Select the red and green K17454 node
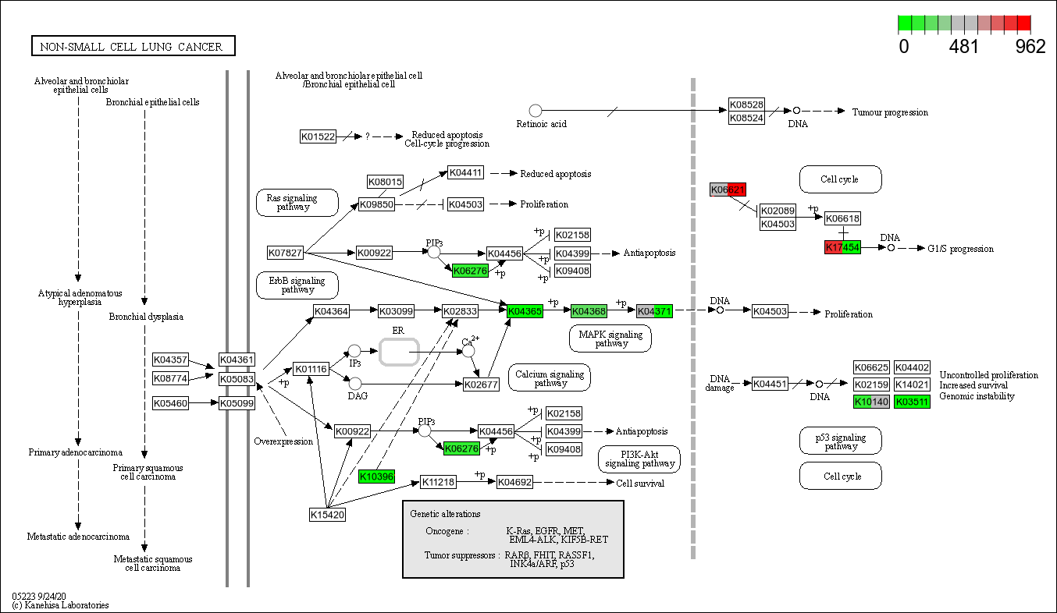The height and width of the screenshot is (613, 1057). coord(842,247)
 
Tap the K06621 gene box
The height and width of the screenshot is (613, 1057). coord(728,190)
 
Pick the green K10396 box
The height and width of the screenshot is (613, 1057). coord(376,476)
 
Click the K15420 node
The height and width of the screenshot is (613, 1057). coord(327,514)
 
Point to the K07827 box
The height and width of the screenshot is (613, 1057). coord(285,253)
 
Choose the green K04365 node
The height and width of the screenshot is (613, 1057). coord(525,311)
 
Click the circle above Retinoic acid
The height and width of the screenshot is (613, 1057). coord(535,111)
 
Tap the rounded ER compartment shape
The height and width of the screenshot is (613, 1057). coord(399,352)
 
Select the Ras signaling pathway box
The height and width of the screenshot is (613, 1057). coord(297,202)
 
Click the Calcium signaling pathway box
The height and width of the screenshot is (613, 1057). coord(550,377)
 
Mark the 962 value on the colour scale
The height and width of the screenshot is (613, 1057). coord(1030,47)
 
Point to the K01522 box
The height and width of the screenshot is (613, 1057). coord(318,136)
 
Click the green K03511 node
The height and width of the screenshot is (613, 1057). coord(912,402)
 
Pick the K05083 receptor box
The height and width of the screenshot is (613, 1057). coord(237,379)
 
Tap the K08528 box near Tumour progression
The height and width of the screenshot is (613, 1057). coord(746,105)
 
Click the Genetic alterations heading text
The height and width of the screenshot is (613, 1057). coord(445,514)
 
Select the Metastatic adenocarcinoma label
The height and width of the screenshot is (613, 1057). coord(77,537)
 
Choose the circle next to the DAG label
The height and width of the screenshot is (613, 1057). coord(355,383)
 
